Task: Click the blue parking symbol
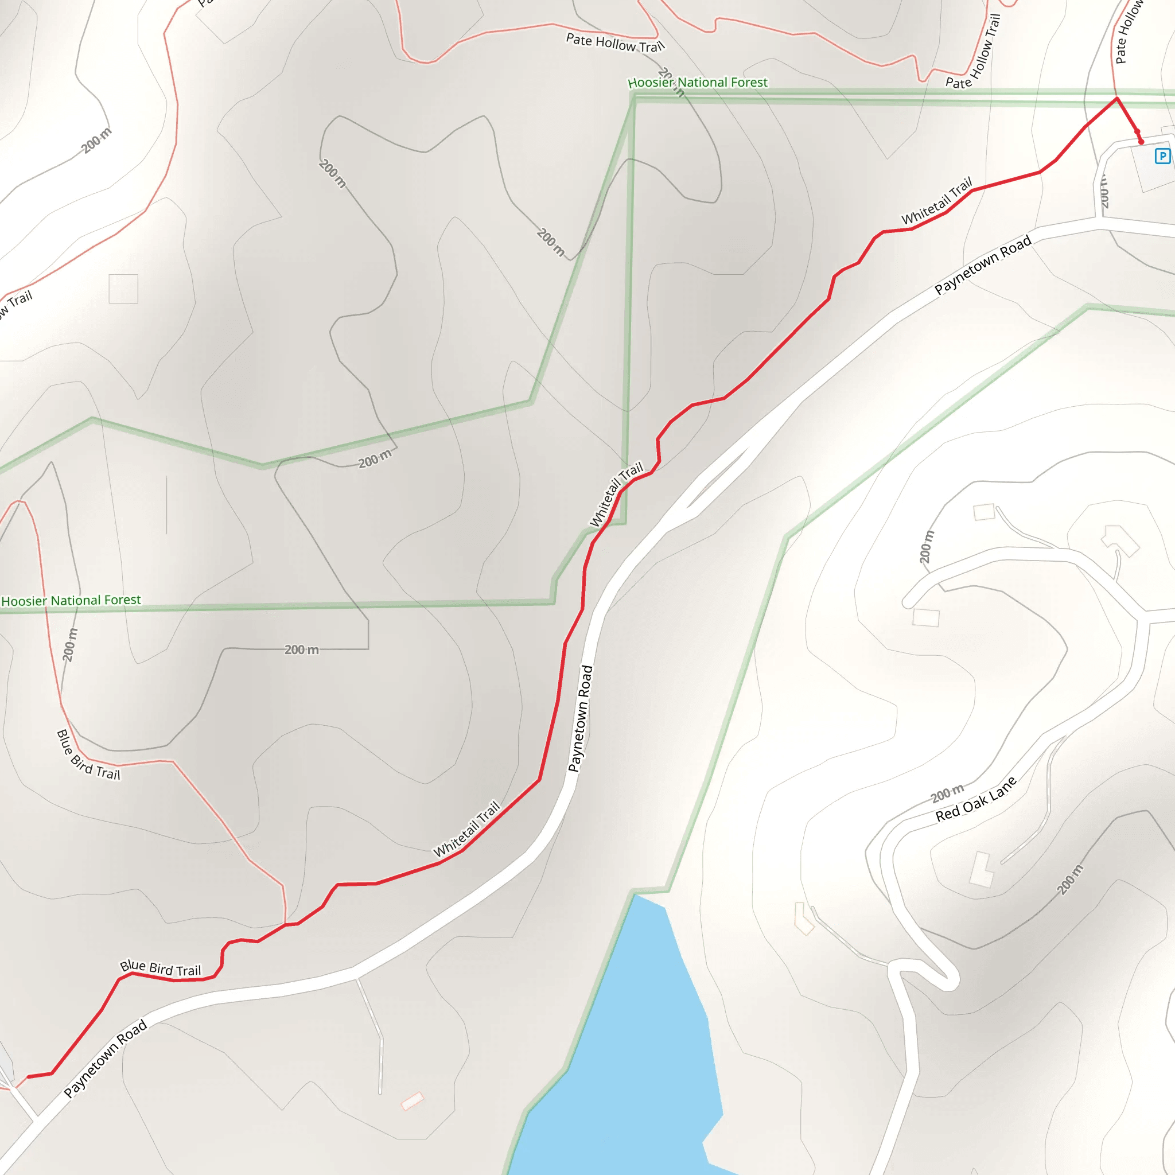click(x=1162, y=156)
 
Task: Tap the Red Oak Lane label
click(x=975, y=800)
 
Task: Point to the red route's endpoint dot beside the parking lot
click(x=1141, y=142)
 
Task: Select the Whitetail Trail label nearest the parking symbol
click(x=936, y=201)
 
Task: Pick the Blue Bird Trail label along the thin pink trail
click(x=88, y=756)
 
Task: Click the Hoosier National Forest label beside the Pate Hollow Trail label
click(x=698, y=82)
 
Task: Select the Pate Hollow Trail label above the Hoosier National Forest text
click(x=615, y=43)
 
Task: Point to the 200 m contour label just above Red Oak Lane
click(x=947, y=793)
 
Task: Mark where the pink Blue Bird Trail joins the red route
click(x=285, y=924)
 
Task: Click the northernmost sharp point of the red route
click(x=1116, y=98)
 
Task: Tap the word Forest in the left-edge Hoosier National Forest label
click(x=122, y=600)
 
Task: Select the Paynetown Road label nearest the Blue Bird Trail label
click(x=105, y=1057)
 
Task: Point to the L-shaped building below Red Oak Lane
click(x=981, y=870)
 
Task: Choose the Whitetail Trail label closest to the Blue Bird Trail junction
click(x=466, y=828)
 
